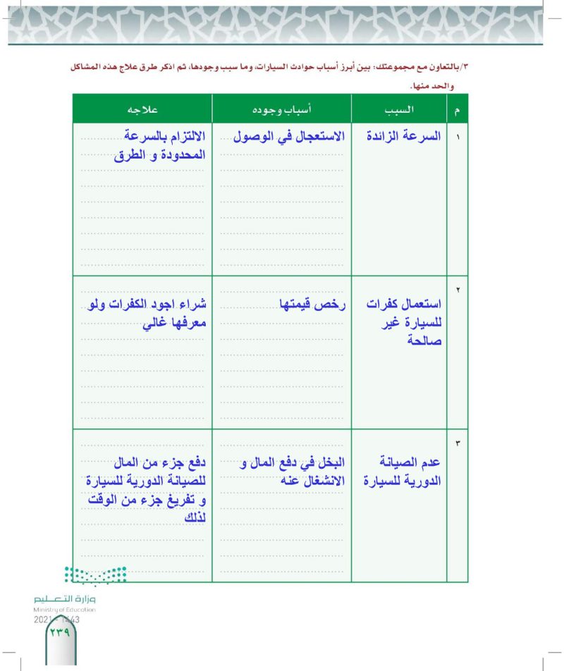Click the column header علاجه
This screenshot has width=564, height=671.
tap(142, 110)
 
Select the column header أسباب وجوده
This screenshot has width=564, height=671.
tap(282, 110)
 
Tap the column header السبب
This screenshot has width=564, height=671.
tap(399, 110)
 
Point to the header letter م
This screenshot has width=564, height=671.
tap(458, 111)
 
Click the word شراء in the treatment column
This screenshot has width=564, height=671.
tap(191, 304)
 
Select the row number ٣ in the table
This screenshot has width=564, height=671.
tap(458, 443)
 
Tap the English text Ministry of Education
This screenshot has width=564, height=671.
tap(64, 609)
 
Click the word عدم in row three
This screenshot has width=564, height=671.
tap(429, 463)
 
